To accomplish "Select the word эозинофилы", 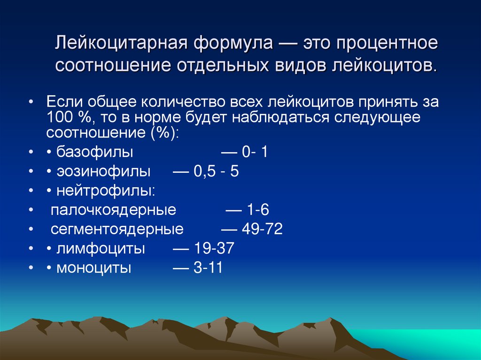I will click(104, 172).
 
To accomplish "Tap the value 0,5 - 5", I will click(217, 172).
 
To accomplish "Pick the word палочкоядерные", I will click(113, 210).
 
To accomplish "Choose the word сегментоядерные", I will click(117, 230).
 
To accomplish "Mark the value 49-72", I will click(263, 230).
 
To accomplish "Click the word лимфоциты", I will click(101, 249).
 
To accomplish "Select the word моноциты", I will click(94, 268).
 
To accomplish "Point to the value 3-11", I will click(208, 268).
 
